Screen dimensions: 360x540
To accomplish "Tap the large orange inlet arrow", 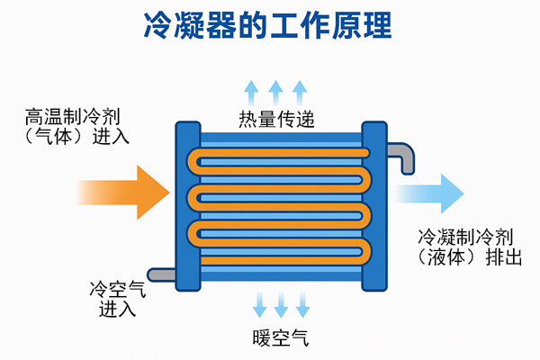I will click(x=126, y=191).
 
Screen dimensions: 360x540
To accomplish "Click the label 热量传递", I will click(x=276, y=120).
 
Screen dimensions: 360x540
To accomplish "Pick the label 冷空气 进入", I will click(x=116, y=299).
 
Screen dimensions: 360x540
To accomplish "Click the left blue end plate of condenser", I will click(x=187, y=204).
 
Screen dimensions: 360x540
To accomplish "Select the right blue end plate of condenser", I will click(x=373, y=204).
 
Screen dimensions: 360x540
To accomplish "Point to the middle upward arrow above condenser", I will click(x=276, y=93).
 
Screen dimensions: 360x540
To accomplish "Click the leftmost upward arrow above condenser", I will click(x=252, y=93).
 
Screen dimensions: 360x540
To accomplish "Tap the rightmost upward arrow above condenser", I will click(x=301, y=93).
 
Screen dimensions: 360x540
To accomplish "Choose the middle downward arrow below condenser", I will click(x=281, y=304).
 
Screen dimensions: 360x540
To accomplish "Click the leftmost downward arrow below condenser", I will click(x=259, y=304).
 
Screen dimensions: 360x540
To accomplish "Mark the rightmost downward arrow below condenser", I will click(x=303, y=304).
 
